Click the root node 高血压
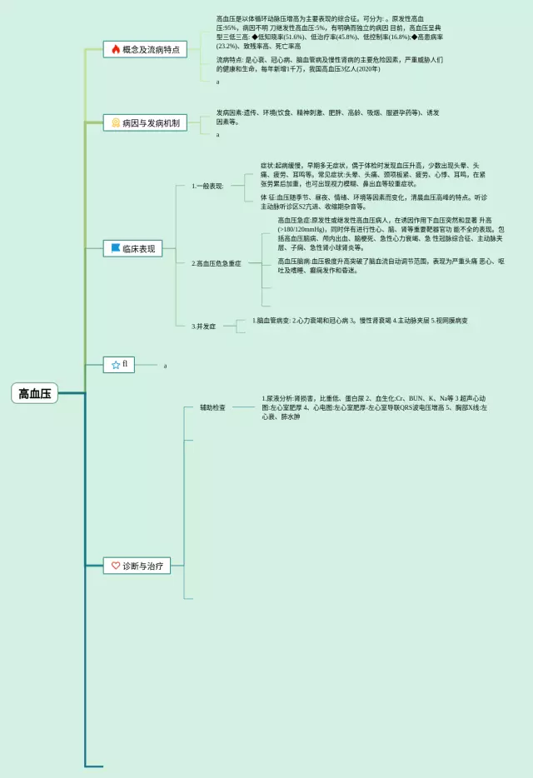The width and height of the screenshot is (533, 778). tap(35, 394)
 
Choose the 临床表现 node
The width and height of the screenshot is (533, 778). tap(137, 248)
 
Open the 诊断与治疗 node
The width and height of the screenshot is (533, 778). tap(142, 566)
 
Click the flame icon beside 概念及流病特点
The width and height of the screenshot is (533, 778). tap(116, 50)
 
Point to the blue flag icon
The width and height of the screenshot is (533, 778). tap(116, 248)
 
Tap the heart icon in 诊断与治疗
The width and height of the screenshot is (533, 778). tap(116, 566)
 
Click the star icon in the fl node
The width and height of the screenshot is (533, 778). tap(116, 365)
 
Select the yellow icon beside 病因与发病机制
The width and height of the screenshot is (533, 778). tap(116, 123)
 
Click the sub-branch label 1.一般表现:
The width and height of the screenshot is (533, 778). tap(207, 186)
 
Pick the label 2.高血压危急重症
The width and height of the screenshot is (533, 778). tap(216, 263)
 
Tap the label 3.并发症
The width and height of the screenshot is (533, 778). tap(203, 327)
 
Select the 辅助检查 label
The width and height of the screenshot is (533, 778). tap(212, 407)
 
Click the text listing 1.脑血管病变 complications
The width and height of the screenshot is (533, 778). tap(360, 321)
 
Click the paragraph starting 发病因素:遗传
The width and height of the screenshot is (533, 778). tap(329, 117)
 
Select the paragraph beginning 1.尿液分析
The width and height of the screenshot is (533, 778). tap(379, 407)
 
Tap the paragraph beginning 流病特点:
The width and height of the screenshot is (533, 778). tap(329, 64)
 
